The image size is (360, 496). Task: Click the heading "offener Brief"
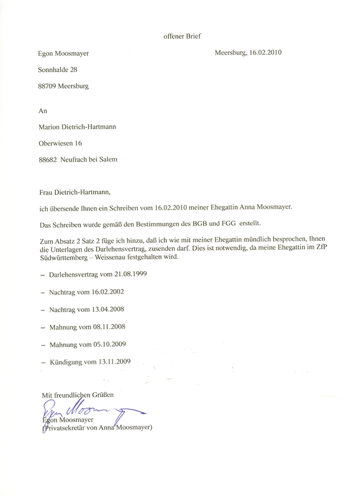[182, 36]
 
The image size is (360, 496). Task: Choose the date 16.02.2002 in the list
[107, 292]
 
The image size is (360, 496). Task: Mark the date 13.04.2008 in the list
[107, 309]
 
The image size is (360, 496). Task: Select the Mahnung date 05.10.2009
[110, 344]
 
